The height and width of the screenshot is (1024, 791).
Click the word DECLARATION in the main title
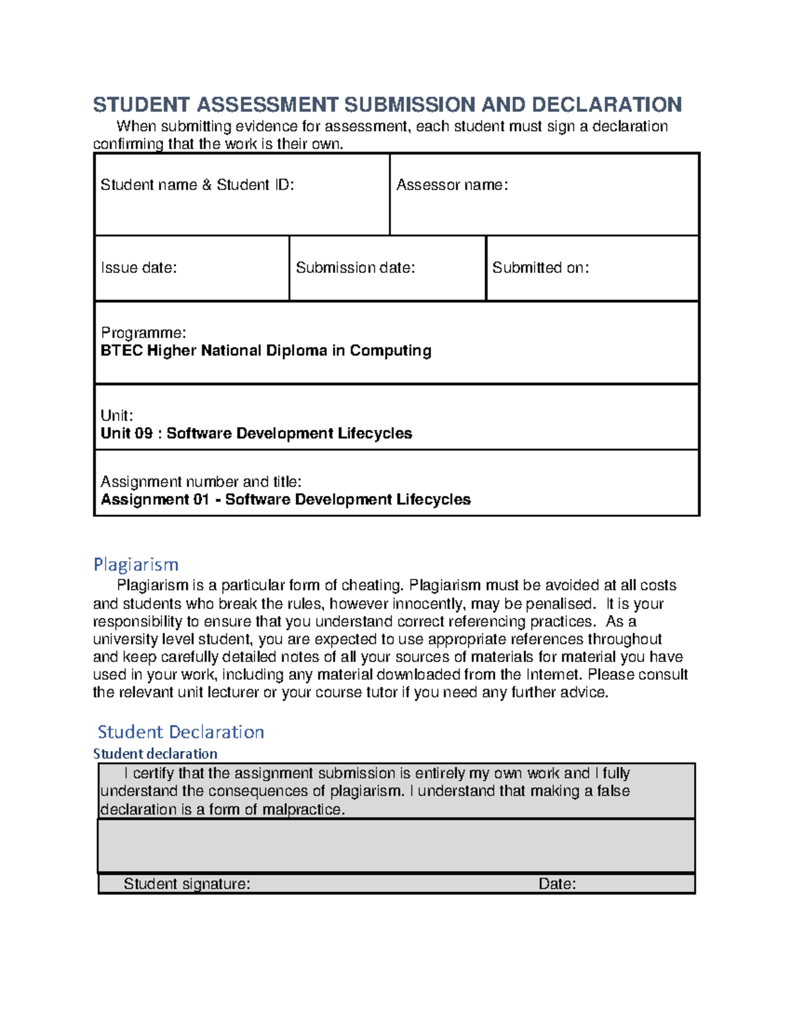point(606,105)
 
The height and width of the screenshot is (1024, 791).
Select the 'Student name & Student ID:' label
point(197,185)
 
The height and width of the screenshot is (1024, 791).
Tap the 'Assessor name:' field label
point(452,185)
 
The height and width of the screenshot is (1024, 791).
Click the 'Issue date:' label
point(138,268)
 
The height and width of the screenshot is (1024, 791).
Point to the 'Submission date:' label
point(355,268)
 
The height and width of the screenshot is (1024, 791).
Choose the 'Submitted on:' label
point(540,268)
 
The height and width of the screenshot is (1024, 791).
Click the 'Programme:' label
point(143,332)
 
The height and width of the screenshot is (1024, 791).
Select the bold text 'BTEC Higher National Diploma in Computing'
point(266,351)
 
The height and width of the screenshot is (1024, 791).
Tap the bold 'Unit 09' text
point(126,433)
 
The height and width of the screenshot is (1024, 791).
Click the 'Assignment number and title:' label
point(201,482)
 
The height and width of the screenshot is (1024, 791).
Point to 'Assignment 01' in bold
point(154,500)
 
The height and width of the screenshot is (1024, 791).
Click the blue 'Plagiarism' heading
point(136,564)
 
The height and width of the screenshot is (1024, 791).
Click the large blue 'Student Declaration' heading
point(181,732)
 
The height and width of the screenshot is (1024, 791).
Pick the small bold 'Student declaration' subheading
point(155,754)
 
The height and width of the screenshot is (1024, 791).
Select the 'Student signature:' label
point(187,884)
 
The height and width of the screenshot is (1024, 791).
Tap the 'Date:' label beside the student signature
point(557,884)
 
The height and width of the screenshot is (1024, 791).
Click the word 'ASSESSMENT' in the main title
point(267,105)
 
